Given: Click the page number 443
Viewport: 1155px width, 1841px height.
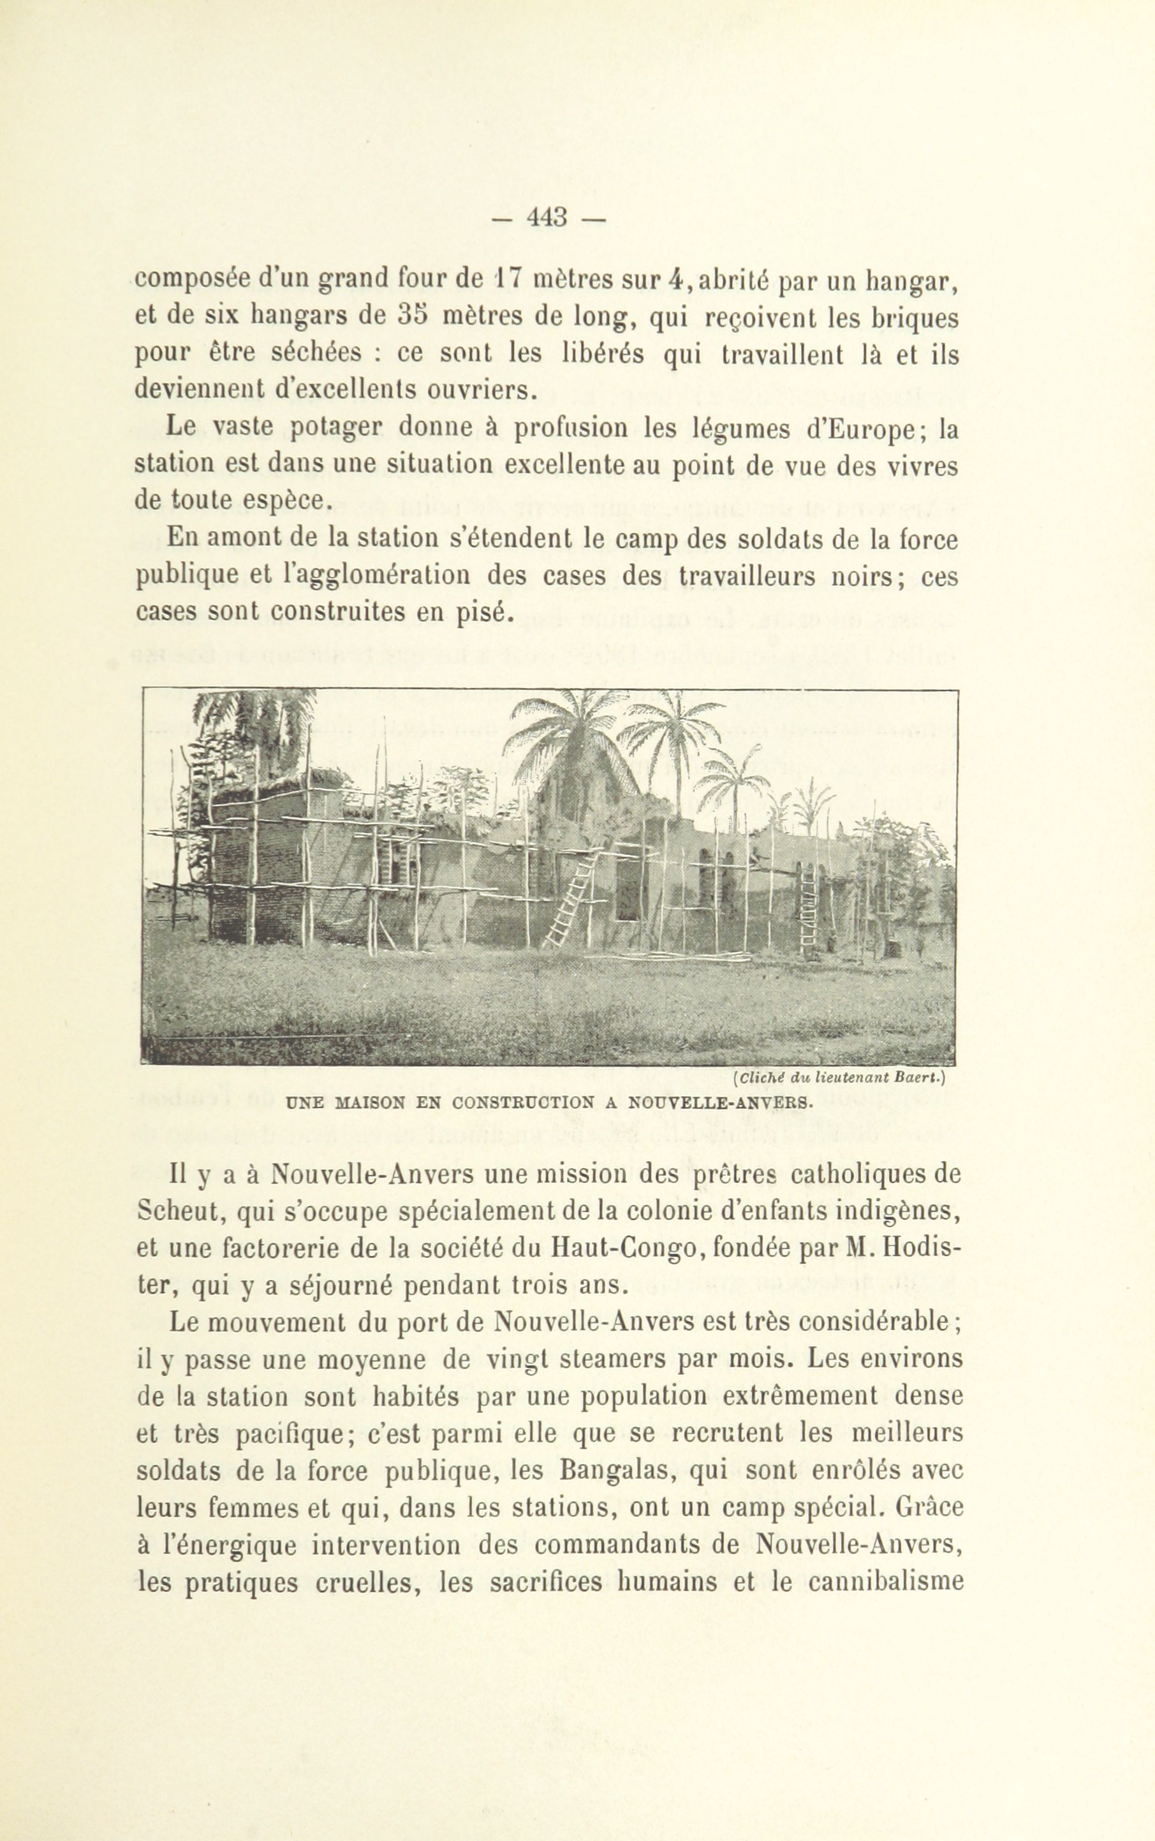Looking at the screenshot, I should (548, 217).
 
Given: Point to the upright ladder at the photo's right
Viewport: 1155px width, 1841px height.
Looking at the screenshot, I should (808, 909).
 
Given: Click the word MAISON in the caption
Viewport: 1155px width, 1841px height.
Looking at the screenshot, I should (370, 1102).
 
